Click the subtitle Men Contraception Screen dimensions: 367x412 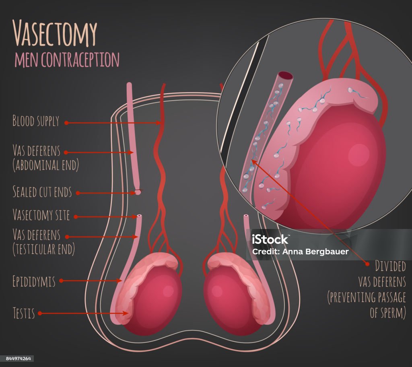[67, 60]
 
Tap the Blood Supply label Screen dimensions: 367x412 [36, 121]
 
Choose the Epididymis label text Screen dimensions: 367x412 [34, 281]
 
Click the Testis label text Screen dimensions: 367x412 [23, 313]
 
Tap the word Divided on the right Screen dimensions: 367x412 [390, 266]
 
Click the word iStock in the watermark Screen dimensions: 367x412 [270, 239]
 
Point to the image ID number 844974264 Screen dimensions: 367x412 [17, 359]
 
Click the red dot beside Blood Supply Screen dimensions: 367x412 [66, 123]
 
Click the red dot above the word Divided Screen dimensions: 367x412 [367, 264]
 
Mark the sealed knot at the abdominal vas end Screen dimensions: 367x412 [138, 192]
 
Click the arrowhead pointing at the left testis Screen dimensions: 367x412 [128, 313]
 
